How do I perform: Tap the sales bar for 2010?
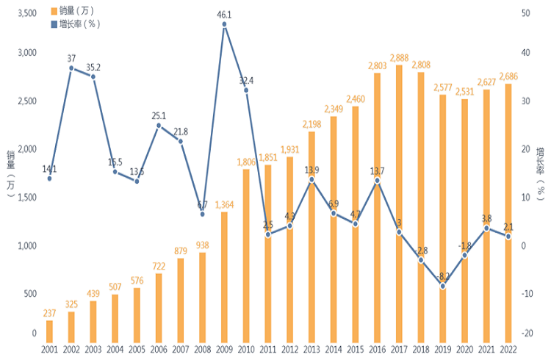(x=245, y=254)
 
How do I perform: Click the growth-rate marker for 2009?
(x=224, y=24)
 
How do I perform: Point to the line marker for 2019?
(x=442, y=286)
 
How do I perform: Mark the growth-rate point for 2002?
(x=71, y=68)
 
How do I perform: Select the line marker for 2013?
(x=311, y=179)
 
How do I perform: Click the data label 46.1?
(x=225, y=14)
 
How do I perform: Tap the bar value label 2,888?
(x=399, y=58)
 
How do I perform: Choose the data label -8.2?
(x=442, y=276)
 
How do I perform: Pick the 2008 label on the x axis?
(x=202, y=349)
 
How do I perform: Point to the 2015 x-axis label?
(x=355, y=349)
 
